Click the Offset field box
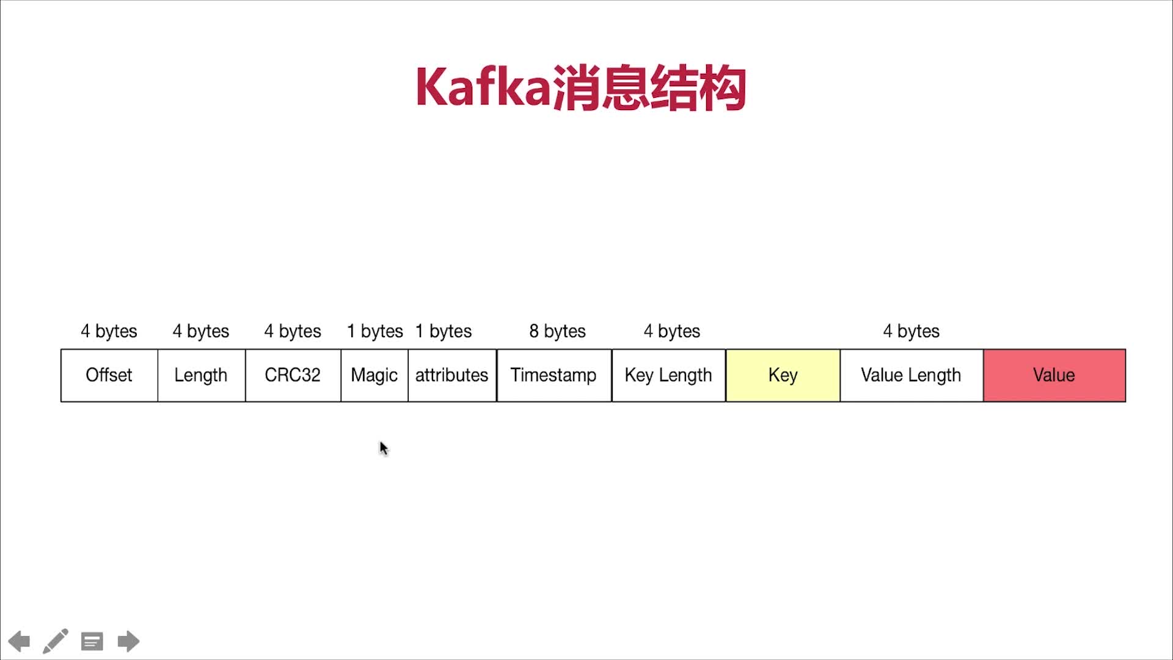109,375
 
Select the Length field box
201,375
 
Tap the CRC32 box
293,375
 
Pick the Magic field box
374,375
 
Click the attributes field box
452,375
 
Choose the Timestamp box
554,375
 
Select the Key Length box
668,375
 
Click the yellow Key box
783,375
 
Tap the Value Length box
911,375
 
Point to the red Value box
1054,375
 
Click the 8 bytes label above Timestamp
557,331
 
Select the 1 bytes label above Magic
375,331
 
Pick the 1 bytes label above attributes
444,331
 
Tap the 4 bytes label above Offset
109,331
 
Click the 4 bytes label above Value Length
911,331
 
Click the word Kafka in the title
483,88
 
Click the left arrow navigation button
19,641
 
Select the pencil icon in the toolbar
55,641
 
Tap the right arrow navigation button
128,641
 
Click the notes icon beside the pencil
92,641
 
